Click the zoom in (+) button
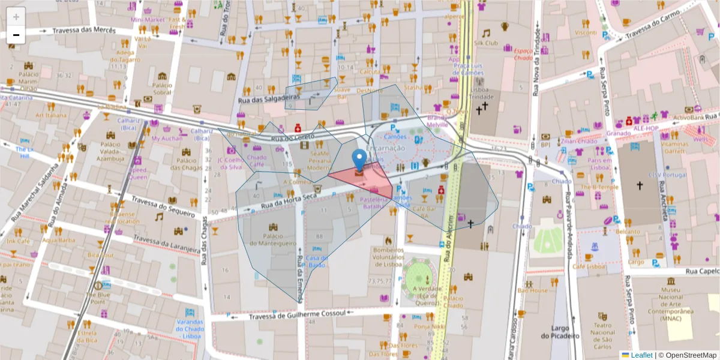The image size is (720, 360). pos(16,17)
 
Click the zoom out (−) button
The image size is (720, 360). pos(16,35)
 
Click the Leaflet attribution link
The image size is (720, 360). pos(641,355)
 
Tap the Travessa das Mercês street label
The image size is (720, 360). pos(83,31)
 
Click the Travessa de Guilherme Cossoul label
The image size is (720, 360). pos(298,315)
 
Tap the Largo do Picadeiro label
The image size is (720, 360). pos(559,332)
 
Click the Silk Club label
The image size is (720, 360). pos(486,43)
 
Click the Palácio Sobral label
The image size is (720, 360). pos(162,89)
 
